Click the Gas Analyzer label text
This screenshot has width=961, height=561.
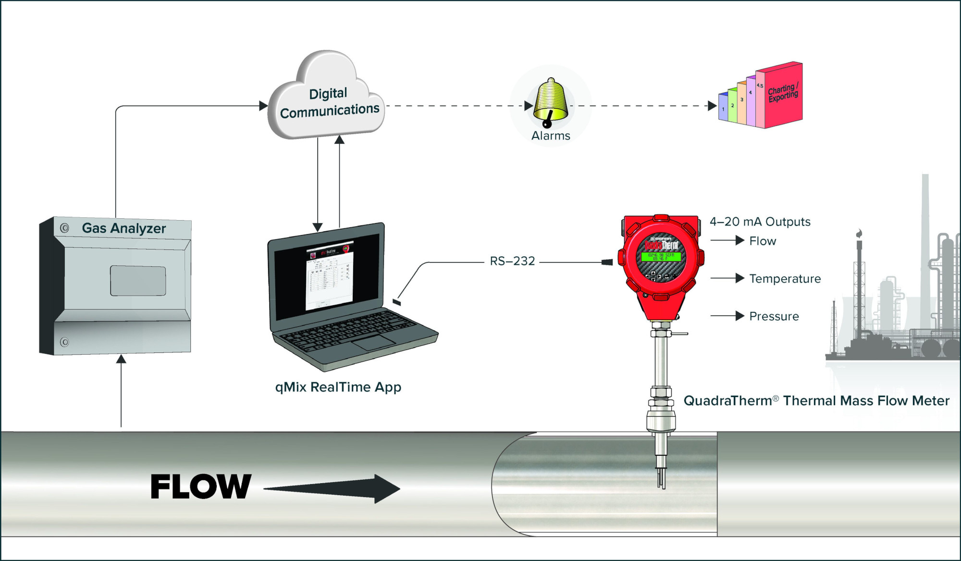point(123,228)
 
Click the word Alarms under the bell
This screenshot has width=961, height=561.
point(551,136)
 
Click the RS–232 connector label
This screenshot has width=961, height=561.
point(512,261)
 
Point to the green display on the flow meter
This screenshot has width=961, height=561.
point(660,257)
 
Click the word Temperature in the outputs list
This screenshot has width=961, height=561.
point(785,279)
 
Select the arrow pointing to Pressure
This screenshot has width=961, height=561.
point(727,316)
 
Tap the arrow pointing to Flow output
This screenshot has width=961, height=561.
point(727,240)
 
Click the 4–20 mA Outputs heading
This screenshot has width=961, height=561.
point(760,222)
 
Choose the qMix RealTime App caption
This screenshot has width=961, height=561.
point(338,387)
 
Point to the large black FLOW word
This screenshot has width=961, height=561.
point(201,486)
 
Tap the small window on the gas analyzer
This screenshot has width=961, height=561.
point(138,281)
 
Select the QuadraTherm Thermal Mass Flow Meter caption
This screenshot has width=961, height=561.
point(816,401)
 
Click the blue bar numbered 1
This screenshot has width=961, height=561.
point(723,107)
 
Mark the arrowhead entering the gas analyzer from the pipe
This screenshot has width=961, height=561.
point(121,359)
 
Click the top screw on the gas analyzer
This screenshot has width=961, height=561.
point(64,228)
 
